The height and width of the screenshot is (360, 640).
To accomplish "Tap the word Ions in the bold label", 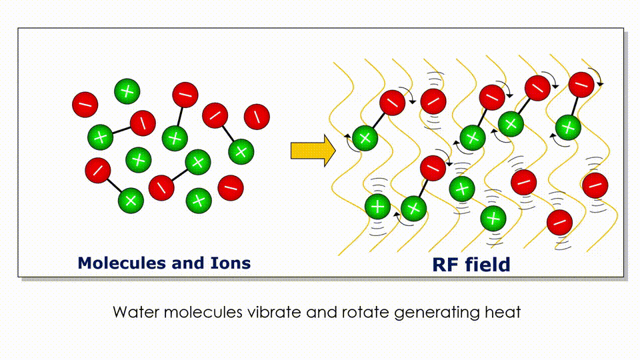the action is point(230,263).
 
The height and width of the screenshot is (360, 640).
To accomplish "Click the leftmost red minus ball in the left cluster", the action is point(85,105).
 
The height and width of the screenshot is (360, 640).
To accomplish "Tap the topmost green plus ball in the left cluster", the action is point(127,91).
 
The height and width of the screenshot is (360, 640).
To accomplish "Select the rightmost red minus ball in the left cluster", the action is point(257,117).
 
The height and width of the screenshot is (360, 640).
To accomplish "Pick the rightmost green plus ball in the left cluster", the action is point(241,152).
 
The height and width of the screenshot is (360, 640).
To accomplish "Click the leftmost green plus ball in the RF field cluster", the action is point(365,139).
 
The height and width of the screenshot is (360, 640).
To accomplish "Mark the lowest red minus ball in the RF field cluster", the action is point(559,223).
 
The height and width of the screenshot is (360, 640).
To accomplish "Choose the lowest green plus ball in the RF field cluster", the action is point(493,219).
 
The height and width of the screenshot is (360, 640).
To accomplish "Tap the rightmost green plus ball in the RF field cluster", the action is point(568,127).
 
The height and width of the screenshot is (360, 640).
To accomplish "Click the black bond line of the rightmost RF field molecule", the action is point(575,106).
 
